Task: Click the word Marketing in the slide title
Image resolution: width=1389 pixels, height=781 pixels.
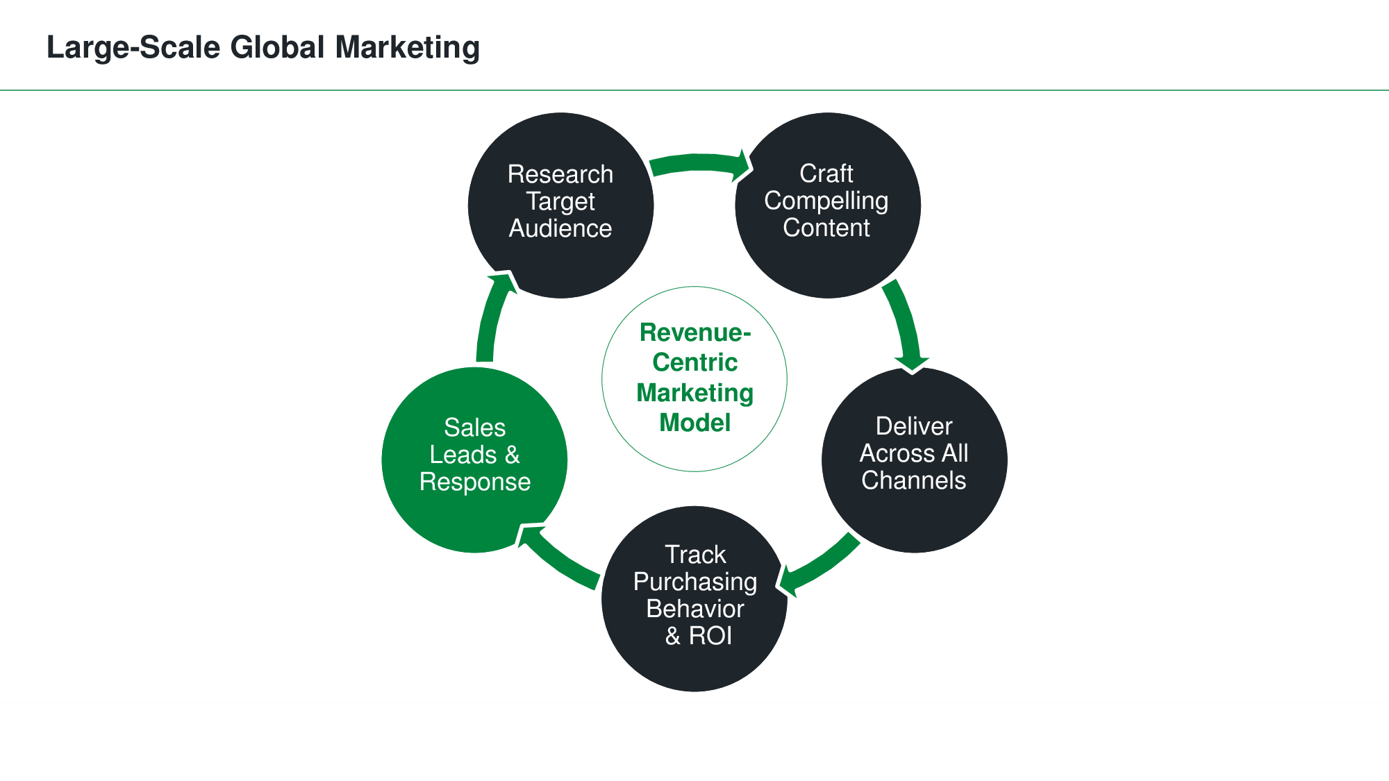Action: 407,48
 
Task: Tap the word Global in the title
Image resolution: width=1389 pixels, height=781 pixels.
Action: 277,48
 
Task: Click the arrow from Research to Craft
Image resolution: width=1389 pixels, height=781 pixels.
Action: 698,164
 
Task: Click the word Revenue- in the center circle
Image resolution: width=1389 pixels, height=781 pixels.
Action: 694,333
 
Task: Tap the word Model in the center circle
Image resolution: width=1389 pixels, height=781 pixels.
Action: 694,423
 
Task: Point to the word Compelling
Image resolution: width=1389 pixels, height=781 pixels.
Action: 826,201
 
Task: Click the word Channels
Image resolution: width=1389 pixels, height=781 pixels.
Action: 913,480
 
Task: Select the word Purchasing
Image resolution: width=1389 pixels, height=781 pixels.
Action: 694,582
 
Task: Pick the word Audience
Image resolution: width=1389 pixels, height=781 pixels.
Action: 560,228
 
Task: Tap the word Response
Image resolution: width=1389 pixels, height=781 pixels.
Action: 475,482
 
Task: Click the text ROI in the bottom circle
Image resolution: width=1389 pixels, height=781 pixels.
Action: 710,636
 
